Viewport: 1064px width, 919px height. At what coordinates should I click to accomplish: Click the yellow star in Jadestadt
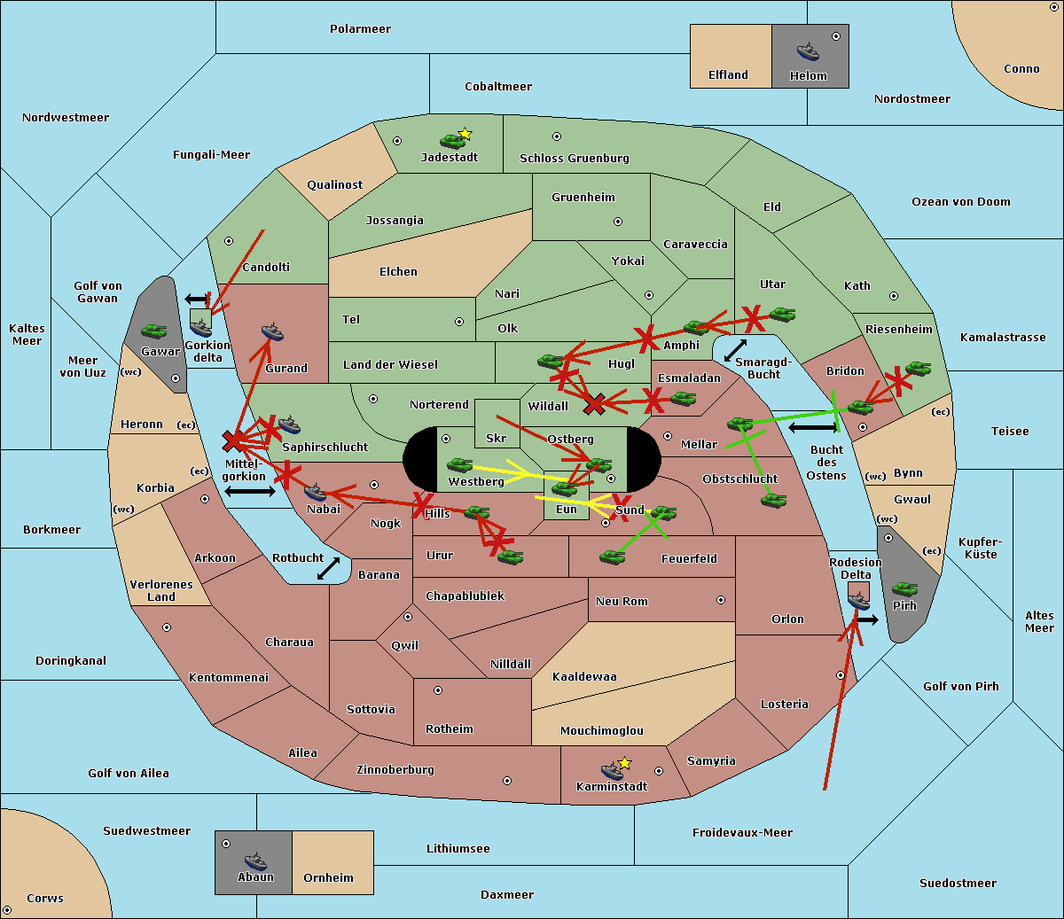tap(465, 134)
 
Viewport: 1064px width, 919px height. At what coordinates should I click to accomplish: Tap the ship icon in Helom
tap(808, 52)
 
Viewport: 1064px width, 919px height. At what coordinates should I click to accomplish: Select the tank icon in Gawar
tap(154, 331)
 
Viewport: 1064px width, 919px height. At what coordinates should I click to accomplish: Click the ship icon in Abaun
tap(255, 861)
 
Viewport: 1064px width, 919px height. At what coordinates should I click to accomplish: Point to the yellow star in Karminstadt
tap(624, 762)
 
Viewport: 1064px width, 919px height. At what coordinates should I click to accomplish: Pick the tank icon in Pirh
tap(904, 588)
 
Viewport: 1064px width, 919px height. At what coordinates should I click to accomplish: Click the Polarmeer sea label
tap(360, 29)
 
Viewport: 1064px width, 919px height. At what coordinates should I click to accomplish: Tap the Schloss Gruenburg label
tap(575, 158)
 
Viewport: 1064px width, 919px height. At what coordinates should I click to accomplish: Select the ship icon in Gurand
tap(272, 332)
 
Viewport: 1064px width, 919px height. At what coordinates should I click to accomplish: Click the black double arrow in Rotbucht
tap(328, 569)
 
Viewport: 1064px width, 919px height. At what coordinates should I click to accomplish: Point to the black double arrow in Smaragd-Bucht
tap(736, 350)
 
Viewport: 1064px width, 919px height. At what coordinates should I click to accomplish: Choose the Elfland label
tap(728, 75)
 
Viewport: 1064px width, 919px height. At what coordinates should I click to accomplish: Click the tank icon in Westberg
tap(459, 465)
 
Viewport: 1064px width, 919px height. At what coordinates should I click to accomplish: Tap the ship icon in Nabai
tap(315, 493)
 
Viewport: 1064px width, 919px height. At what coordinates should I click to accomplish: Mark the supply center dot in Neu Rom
tap(721, 600)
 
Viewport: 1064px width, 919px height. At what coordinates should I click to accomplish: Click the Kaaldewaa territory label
tap(584, 677)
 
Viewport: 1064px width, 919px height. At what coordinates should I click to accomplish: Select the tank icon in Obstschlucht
tap(774, 500)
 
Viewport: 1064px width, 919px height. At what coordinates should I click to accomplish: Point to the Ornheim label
tap(328, 878)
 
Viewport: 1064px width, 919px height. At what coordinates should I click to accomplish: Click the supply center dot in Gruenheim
tap(618, 222)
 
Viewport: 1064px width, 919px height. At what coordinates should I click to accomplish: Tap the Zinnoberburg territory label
tap(395, 770)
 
